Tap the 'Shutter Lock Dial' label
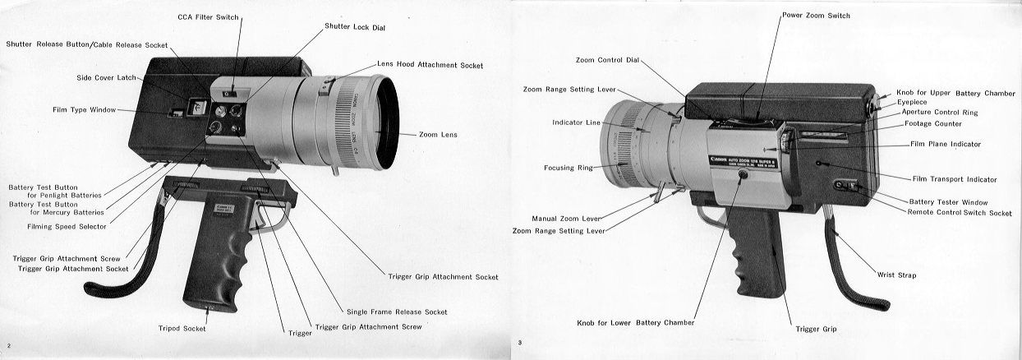(x=355, y=27)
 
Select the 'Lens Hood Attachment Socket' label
(x=430, y=64)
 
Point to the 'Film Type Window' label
(x=81, y=109)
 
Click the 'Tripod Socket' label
(x=182, y=329)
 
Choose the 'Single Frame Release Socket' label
(x=397, y=312)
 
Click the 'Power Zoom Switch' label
(x=816, y=15)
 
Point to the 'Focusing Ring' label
(x=568, y=168)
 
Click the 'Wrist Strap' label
(x=896, y=275)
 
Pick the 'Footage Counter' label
(x=932, y=123)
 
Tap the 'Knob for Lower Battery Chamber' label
(x=635, y=322)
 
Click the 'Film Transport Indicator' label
(x=954, y=178)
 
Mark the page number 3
(x=519, y=343)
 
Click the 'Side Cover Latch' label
(x=107, y=77)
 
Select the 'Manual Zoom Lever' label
(x=567, y=219)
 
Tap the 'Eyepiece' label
(x=912, y=102)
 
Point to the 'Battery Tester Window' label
(x=949, y=201)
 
